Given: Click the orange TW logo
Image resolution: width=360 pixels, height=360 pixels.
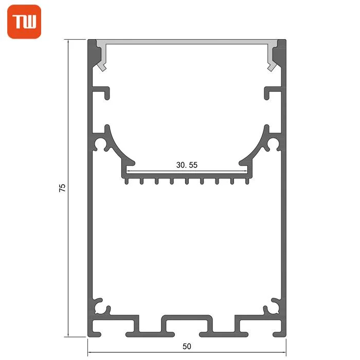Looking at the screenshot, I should (24, 22).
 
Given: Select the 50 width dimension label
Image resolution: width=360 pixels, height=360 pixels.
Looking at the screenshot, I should (187, 346).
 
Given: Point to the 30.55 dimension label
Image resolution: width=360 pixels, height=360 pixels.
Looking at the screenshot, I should (187, 165).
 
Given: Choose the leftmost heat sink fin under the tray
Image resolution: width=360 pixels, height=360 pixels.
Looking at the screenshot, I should (127, 181).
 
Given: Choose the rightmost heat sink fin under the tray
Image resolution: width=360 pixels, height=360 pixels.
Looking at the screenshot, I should (247, 181).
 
